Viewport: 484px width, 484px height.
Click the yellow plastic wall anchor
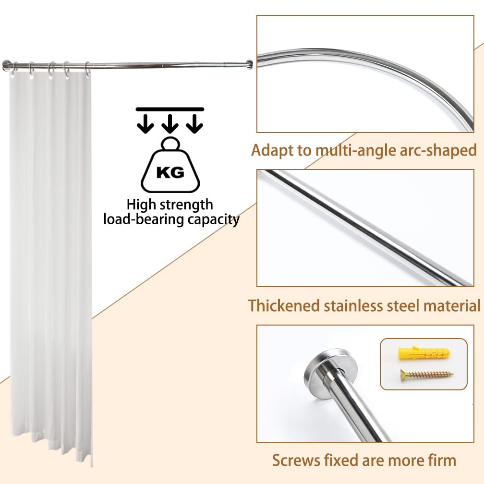[424, 353]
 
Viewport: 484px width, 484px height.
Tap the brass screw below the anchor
[427, 375]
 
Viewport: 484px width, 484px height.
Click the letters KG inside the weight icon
[170, 172]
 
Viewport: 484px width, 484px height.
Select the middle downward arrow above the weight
[170, 123]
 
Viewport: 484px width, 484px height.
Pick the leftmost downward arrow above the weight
[145, 123]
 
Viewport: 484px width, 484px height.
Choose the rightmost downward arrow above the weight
[194, 123]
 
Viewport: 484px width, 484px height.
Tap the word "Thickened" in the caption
[284, 305]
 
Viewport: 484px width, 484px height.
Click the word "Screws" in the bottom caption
[296, 460]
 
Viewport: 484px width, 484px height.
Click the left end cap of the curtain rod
[6, 65]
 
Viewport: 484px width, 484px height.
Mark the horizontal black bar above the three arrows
[170, 109]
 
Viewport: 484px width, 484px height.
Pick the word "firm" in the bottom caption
[442, 460]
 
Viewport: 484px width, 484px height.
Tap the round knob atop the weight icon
[170, 144]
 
